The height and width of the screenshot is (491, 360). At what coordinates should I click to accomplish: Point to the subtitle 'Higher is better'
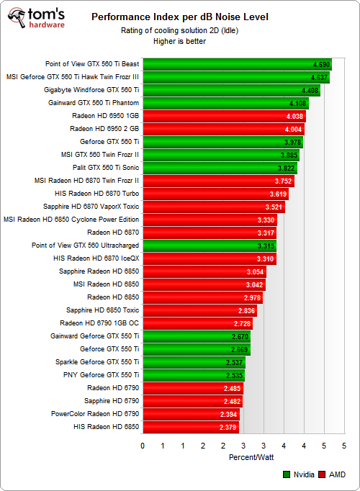coord(179,41)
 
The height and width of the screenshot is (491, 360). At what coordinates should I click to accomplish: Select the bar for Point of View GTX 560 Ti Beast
coord(237,64)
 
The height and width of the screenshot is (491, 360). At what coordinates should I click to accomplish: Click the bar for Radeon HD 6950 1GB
coord(224,116)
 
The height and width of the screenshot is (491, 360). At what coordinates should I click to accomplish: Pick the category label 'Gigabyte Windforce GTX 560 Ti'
coord(91,90)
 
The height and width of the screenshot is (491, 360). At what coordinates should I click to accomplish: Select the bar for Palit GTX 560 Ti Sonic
coord(220,168)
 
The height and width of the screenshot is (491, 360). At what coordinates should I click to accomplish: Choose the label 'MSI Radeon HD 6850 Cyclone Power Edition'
coord(71,220)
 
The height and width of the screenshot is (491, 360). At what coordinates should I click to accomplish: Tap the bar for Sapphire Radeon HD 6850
coord(204,271)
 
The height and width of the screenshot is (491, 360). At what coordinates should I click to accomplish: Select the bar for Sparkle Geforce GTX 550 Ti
coord(194,362)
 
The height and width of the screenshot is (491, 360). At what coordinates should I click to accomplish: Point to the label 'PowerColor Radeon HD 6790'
coord(95,414)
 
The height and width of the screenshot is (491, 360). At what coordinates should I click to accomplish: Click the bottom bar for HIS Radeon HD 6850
coord(191,427)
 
